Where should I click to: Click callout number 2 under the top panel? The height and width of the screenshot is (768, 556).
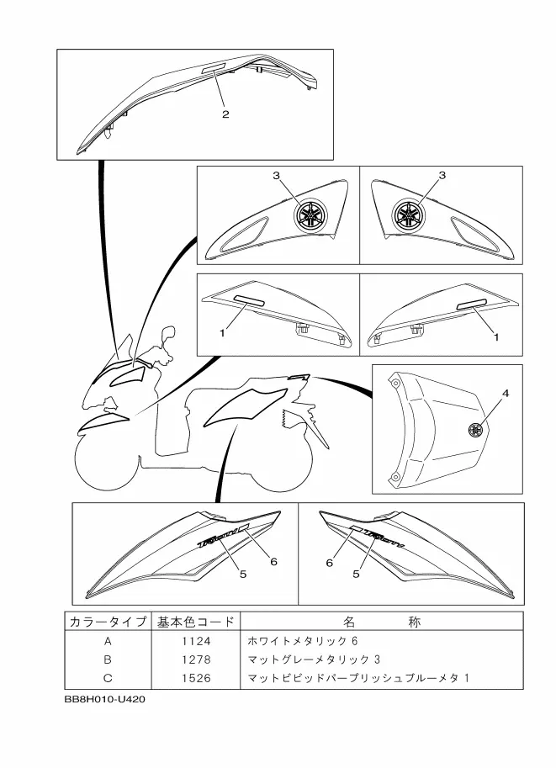coord(225,114)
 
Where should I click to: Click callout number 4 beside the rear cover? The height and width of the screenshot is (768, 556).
coord(506,393)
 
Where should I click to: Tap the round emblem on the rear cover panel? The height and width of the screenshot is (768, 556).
coord(474,430)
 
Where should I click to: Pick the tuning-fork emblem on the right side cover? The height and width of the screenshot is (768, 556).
coord(409,214)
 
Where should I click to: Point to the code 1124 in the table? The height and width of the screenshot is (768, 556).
coord(196,641)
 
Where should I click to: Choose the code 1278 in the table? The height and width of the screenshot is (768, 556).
coord(196,659)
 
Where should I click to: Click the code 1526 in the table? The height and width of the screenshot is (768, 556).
coord(196,678)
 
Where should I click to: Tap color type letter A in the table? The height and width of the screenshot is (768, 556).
coord(108,641)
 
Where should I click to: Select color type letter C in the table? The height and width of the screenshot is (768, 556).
coord(108,678)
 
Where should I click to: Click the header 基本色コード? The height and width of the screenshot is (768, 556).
coord(196,622)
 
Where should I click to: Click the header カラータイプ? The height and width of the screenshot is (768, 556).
coord(108,622)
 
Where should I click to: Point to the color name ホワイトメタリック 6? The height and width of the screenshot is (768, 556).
coord(303,641)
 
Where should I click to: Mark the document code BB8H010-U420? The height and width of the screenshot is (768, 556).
coord(105,699)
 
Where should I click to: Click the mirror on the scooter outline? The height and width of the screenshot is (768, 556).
coord(169,334)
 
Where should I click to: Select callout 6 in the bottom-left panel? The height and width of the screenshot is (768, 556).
coord(274,561)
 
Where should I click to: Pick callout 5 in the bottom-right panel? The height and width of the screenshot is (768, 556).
coord(356,574)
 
